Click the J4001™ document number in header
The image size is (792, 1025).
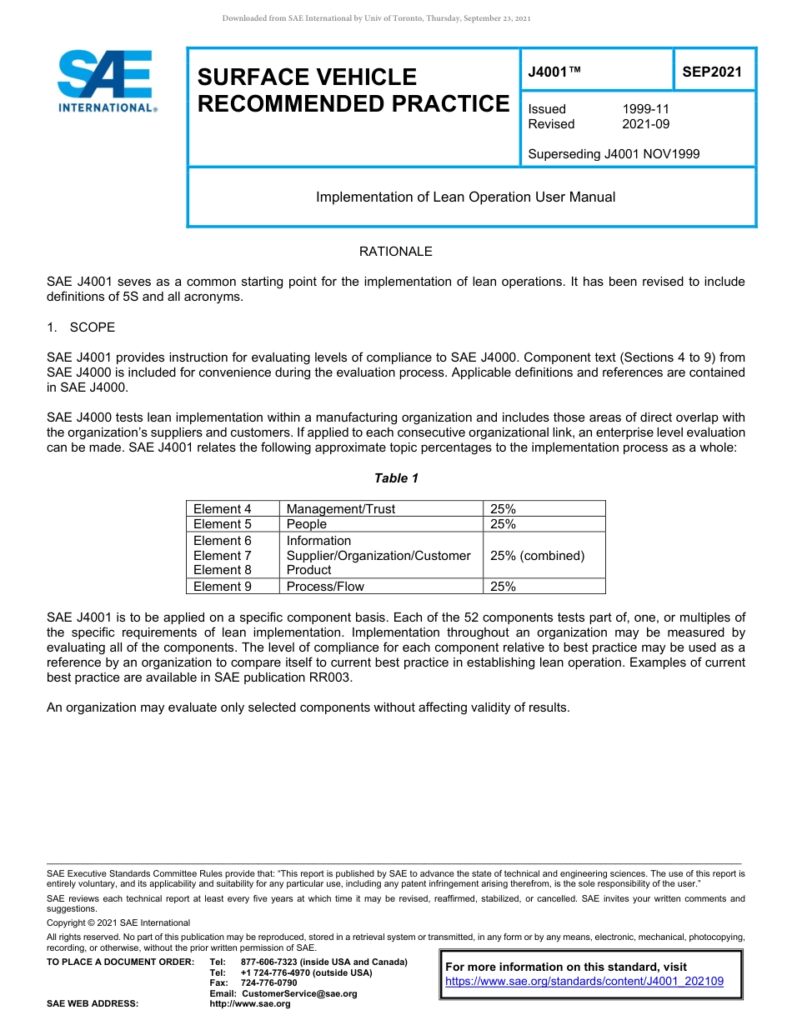[x=554, y=72]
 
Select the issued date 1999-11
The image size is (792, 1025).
[x=645, y=109]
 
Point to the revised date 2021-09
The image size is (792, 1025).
[x=645, y=124]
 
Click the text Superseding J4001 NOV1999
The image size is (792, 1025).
[x=614, y=154]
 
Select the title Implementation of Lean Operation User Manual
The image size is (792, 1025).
[x=465, y=197]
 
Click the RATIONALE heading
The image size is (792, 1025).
[x=395, y=252]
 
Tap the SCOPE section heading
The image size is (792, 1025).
[x=92, y=327]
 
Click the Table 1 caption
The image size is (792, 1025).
[x=396, y=478]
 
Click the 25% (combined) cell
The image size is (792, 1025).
[x=537, y=556]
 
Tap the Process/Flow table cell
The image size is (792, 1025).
[x=325, y=587]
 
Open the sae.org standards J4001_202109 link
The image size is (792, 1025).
[x=584, y=982]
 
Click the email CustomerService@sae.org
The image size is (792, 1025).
[x=298, y=993]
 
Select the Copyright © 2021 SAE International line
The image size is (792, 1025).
[x=118, y=923]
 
